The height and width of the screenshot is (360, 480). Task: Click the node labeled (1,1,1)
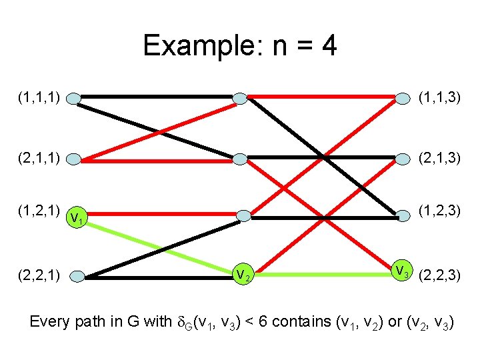coord(74,99)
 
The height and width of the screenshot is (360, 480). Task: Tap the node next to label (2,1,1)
coord(75,159)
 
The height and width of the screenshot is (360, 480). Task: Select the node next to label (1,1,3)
coord(403,99)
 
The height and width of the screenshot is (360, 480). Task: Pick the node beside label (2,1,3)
coord(403,159)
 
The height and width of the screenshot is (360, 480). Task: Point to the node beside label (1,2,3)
coord(403,215)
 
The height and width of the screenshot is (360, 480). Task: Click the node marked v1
coord(77,217)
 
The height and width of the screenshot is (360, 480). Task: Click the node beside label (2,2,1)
coord(76,274)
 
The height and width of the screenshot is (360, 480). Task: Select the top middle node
coord(240,99)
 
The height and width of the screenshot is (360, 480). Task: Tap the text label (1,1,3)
coord(439,98)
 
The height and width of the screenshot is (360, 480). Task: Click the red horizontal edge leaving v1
coord(160,215)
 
